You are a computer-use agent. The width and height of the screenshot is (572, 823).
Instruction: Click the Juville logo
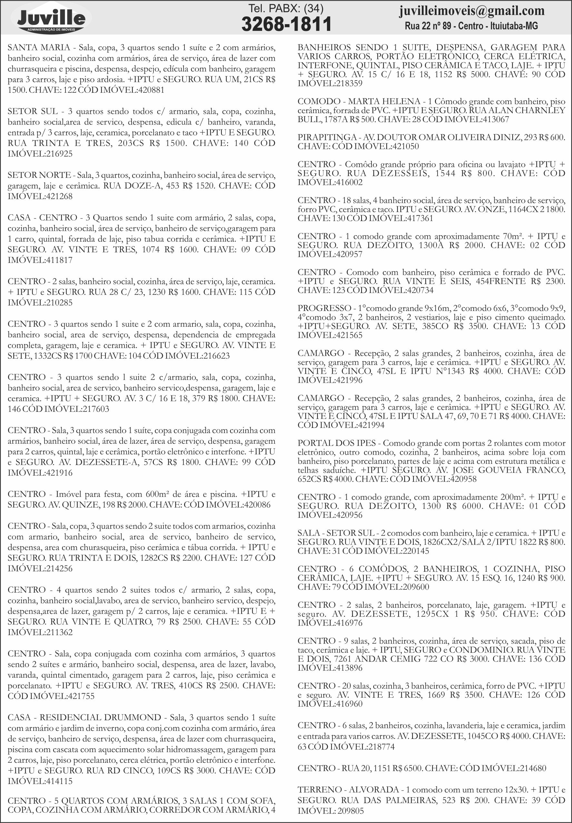click(x=51, y=18)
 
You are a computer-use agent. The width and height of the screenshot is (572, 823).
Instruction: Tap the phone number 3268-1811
click(x=286, y=24)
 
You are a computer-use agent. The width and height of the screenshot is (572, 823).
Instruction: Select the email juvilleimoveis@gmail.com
click(x=472, y=11)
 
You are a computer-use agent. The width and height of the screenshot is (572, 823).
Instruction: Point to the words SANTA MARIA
click(x=39, y=47)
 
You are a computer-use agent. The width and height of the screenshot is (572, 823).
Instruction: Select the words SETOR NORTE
click(x=39, y=175)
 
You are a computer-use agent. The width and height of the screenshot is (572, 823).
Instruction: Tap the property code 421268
click(x=59, y=196)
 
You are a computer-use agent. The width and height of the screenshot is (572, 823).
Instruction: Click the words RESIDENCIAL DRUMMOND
click(x=100, y=717)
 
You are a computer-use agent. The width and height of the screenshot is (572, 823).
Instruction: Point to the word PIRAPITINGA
click(x=327, y=138)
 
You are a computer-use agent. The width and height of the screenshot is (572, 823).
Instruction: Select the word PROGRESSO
click(x=324, y=308)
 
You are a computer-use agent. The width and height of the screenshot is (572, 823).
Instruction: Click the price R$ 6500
click(x=408, y=768)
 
